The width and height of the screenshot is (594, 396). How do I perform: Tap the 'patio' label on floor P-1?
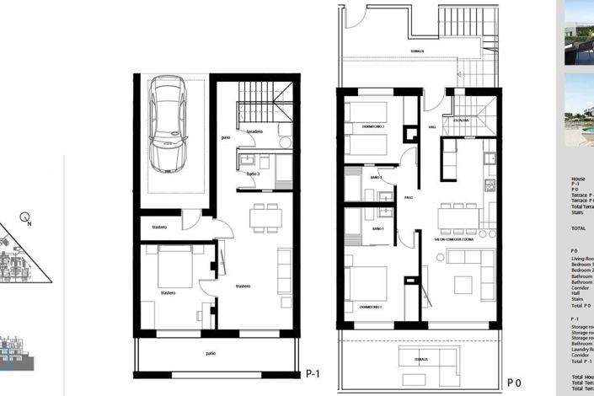point(208,354)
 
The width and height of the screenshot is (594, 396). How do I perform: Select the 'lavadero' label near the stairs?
point(255,131)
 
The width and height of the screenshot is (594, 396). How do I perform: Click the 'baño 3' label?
point(253,174)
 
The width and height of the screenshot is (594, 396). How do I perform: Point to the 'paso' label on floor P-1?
point(226,138)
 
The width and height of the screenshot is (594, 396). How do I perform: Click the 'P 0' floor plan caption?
point(513,382)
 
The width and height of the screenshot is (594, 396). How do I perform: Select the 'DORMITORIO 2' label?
point(373,126)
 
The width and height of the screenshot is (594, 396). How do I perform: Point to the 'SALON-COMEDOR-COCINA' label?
point(454,239)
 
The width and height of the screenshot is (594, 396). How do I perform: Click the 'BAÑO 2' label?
point(376,178)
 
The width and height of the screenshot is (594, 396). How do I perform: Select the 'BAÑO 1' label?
point(377,229)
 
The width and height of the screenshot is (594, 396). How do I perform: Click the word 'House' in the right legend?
point(578,179)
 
